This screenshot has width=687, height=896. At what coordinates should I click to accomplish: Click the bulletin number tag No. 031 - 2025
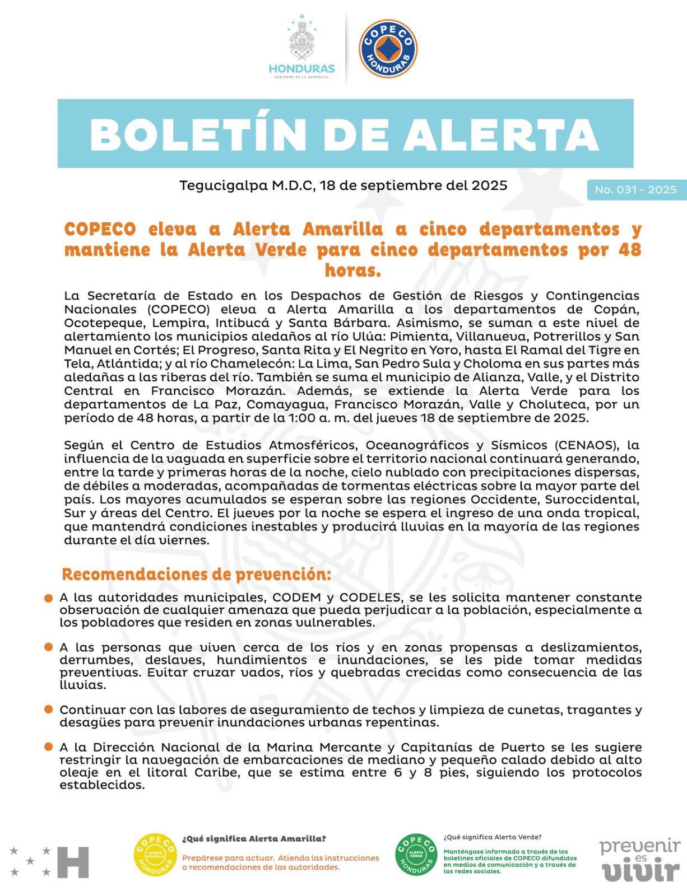click(x=635, y=190)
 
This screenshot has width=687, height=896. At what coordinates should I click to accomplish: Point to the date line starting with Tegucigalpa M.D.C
click(x=343, y=185)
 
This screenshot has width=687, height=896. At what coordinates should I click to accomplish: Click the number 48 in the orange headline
click(x=630, y=250)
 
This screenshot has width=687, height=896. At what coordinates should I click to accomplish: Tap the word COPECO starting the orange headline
click(x=100, y=230)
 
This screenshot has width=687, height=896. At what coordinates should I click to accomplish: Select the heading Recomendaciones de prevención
click(x=196, y=575)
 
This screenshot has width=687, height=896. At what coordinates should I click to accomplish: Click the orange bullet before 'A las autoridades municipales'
click(x=49, y=599)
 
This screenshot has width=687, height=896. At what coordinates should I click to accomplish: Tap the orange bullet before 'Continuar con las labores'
click(x=49, y=710)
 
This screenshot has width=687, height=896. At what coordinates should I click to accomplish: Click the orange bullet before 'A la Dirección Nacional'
click(x=49, y=748)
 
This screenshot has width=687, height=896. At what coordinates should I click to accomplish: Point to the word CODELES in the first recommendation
click(x=370, y=598)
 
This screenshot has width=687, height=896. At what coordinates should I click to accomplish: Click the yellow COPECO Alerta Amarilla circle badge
click(x=155, y=856)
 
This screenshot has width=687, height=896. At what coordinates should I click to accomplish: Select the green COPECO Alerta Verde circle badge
click(x=416, y=856)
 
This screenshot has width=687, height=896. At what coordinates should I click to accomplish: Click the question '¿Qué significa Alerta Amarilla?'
click(x=254, y=839)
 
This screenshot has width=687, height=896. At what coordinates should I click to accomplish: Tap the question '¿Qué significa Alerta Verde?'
click(x=492, y=837)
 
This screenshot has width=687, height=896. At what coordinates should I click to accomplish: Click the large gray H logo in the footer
click(x=73, y=862)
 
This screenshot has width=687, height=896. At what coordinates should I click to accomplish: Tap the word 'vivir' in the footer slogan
click(x=641, y=871)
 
